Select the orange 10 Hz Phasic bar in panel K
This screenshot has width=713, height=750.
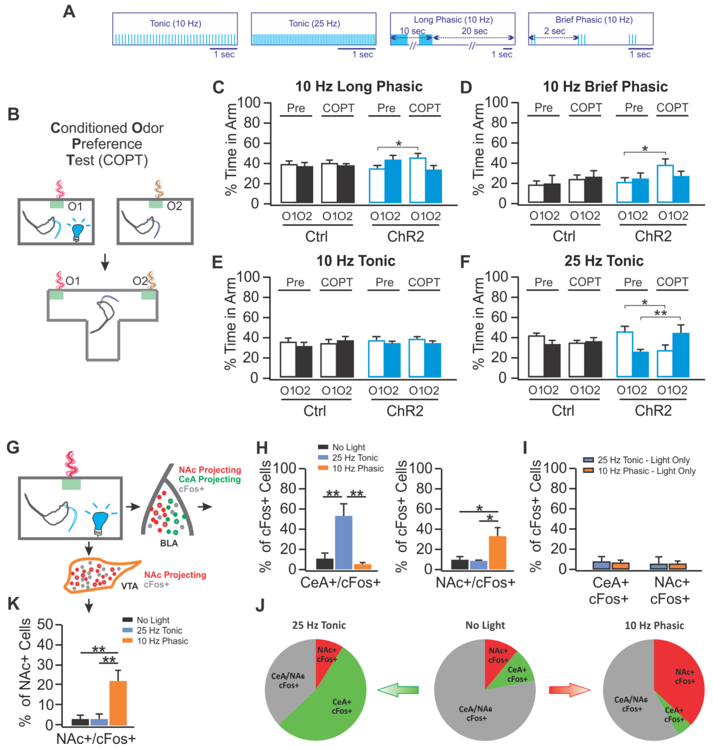[x=118, y=703]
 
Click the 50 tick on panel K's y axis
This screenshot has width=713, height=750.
[x=45, y=624]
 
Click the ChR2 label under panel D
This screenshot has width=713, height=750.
[x=653, y=236]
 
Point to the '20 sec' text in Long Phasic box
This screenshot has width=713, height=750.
[x=474, y=31]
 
